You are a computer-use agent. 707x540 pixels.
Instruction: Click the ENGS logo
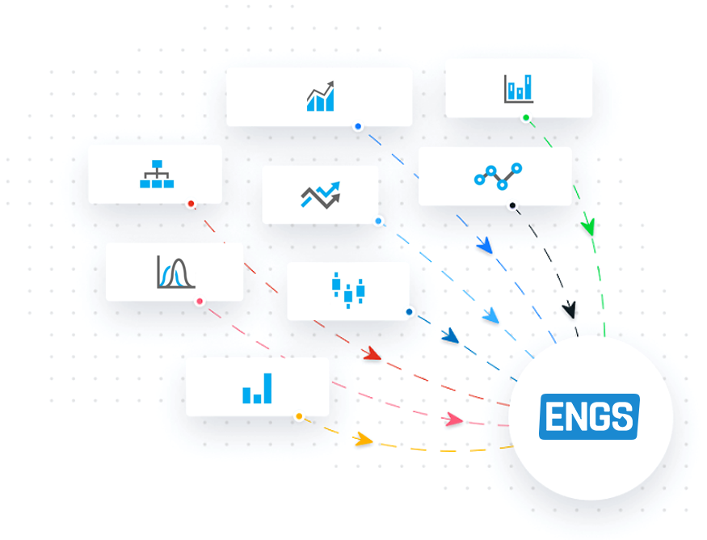click(589, 416)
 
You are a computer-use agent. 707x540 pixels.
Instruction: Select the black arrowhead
click(570, 310)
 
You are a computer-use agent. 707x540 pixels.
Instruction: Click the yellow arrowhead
click(364, 439)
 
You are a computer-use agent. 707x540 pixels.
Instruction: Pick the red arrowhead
click(372, 353)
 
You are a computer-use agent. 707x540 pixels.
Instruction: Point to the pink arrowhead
click(452, 419)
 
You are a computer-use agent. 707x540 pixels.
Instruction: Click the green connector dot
click(526, 118)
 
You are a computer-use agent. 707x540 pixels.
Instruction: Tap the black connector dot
click(512, 205)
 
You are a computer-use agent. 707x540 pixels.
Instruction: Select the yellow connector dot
click(299, 416)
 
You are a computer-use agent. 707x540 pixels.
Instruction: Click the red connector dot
click(191, 204)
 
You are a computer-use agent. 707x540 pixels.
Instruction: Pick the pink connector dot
click(200, 302)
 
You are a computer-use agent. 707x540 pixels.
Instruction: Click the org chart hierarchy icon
click(157, 174)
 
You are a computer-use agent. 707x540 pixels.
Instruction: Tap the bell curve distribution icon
click(176, 272)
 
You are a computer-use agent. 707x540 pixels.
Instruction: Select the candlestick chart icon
click(348, 290)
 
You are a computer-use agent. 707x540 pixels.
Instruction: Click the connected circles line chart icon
click(498, 176)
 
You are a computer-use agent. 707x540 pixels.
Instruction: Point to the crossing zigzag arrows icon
click(321, 195)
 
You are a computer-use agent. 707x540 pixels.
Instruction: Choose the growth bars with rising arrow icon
click(321, 95)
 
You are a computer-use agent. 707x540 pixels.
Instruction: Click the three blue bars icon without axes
click(257, 388)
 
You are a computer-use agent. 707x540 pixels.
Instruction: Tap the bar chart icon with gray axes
click(519, 88)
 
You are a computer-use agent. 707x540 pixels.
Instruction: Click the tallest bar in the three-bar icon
click(267, 388)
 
